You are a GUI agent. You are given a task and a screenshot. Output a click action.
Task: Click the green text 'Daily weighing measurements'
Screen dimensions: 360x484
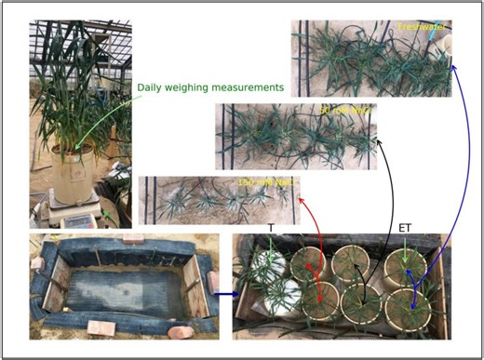pos(209,87)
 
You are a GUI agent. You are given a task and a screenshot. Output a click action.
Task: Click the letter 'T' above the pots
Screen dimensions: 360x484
pos(271,228)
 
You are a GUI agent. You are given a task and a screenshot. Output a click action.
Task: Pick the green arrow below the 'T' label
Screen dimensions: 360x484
pos(271,246)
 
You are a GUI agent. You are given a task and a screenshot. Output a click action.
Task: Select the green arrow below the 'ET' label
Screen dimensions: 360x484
pos(406,247)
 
